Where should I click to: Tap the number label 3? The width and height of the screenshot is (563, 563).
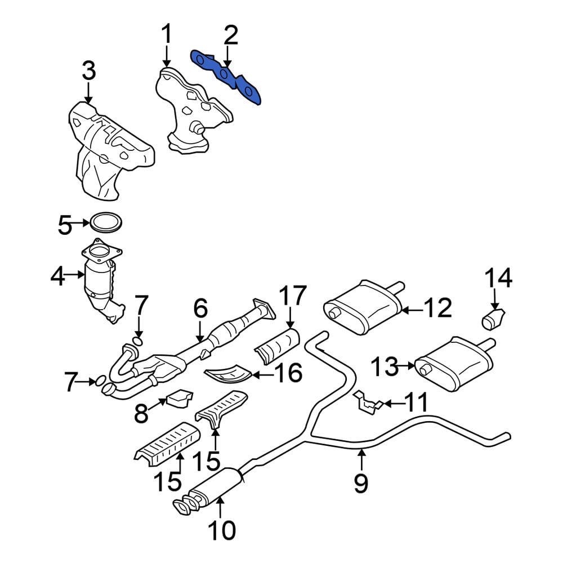coord(88,72)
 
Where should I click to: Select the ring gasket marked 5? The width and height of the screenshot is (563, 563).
coord(105,222)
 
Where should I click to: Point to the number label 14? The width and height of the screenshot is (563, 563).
coord(499,278)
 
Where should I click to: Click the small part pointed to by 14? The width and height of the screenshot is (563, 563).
coord(494,319)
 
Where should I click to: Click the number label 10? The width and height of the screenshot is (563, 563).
coord(220,530)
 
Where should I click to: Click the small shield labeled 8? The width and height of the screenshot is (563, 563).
coord(179,398)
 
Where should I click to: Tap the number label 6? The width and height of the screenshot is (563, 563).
coord(200,309)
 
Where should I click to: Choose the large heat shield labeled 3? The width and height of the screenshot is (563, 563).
coord(110,149)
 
